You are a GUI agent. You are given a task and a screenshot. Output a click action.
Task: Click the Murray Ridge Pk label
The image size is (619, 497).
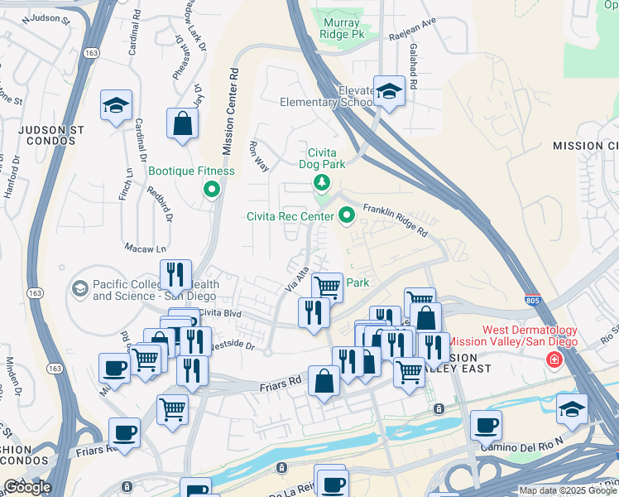(343, 29)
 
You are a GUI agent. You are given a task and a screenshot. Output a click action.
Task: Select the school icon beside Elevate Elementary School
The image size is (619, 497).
(389, 93)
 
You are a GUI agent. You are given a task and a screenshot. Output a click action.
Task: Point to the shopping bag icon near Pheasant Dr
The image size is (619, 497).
(182, 125)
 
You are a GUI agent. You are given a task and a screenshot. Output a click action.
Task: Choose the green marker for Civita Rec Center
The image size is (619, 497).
(348, 216)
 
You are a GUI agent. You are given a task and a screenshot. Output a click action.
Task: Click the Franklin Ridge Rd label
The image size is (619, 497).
(395, 220)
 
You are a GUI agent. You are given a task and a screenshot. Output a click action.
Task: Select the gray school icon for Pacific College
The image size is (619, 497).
(80, 288)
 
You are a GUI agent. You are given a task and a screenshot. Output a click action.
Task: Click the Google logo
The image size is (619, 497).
(26, 487)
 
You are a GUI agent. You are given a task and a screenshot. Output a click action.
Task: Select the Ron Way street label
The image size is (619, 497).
(258, 157)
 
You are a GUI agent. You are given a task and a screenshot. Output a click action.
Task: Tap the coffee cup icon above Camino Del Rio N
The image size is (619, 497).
(486, 426)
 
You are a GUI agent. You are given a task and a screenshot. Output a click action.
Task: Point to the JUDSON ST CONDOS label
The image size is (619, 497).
(50, 135)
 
